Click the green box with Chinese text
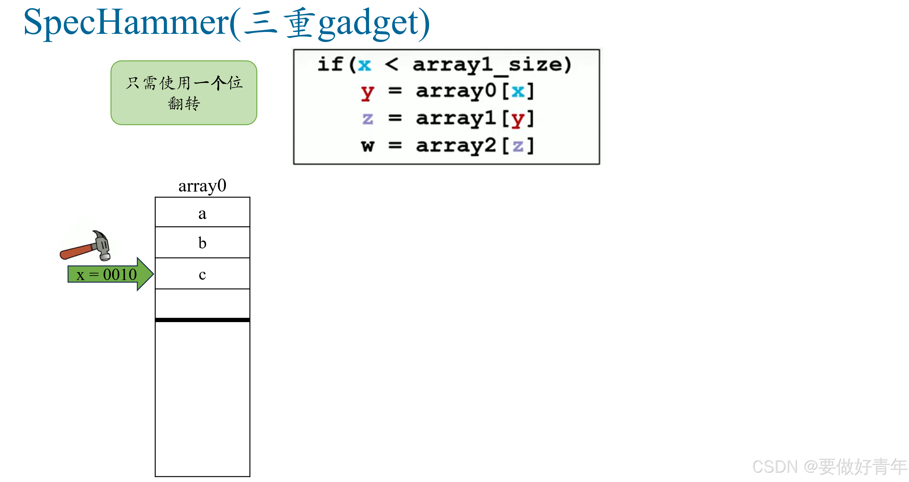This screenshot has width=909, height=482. [x=184, y=93]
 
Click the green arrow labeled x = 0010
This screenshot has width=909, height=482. [x=110, y=274]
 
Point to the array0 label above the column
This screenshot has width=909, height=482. [x=202, y=186]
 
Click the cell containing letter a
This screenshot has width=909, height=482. [x=202, y=213]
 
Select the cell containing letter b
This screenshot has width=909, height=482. [x=202, y=243]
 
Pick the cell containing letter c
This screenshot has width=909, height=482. [x=202, y=274]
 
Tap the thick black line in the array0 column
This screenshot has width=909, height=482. [x=202, y=320]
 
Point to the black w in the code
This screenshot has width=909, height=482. [x=367, y=145]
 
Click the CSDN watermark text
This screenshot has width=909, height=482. [x=829, y=467]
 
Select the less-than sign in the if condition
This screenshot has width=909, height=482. [x=391, y=64]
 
